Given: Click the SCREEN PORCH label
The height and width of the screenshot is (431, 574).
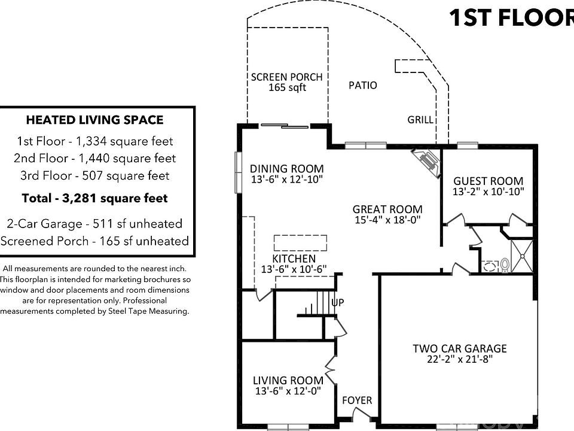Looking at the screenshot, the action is pyautogui.click(x=286, y=77).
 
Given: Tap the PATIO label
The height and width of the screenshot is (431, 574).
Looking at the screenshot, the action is pyautogui.click(x=362, y=86).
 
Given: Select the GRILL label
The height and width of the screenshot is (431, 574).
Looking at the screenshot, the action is pyautogui.click(x=420, y=120).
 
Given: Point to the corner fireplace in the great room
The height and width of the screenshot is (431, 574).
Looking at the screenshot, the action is pyautogui.click(x=426, y=163).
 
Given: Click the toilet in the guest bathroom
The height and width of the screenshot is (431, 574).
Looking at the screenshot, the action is pyautogui.click(x=505, y=265).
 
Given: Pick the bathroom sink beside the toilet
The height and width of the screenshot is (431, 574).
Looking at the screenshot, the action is pyautogui.click(x=489, y=266).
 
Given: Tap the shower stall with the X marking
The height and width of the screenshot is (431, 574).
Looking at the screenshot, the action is pyautogui.click(x=521, y=256).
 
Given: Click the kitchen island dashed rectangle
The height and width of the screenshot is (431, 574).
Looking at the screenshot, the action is pyautogui.click(x=300, y=242).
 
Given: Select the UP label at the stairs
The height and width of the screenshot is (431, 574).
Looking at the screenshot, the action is pyautogui.click(x=337, y=302).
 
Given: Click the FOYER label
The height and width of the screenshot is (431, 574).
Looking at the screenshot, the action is pyautogui.click(x=357, y=400).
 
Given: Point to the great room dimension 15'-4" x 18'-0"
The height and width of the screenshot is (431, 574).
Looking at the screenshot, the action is pyautogui.click(x=387, y=220).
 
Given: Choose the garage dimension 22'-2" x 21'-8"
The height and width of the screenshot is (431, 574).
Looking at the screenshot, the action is pyautogui.click(x=460, y=359).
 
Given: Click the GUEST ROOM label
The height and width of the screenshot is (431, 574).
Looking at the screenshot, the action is pyautogui.click(x=488, y=181).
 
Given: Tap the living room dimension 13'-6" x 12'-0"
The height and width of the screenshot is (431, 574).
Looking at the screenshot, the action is pyautogui.click(x=288, y=391).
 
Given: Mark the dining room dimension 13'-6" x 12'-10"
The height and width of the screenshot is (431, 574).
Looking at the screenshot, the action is pyautogui.click(x=286, y=179).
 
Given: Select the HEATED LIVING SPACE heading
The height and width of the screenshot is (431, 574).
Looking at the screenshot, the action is pyautogui.click(x=95, y=120).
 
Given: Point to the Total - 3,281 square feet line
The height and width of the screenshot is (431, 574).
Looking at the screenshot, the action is pyautogui.click(x=95, y=198).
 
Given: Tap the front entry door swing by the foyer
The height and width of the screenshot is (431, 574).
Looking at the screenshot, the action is pyautogui.click(x=360, y=414).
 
